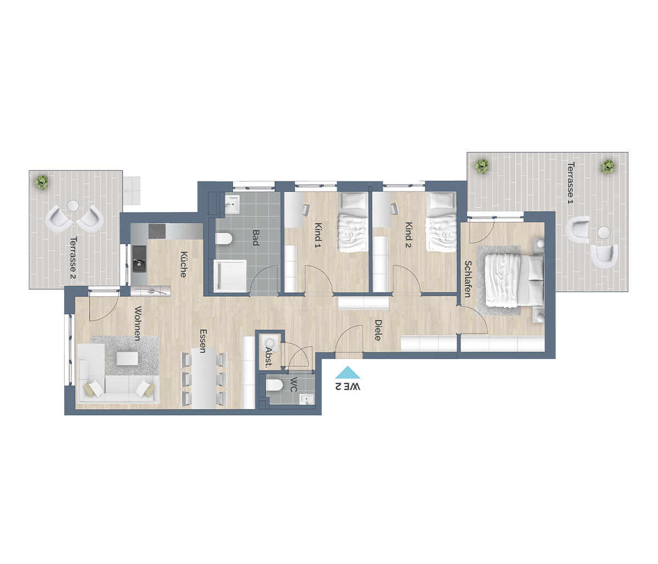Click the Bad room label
pyautogui.click(x=255, y=238)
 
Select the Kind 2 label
pyautogui.click(x=408, y=235)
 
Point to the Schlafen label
pyautogui.click(x=468, y=279)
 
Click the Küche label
pyautogui.click(x=183, y=264)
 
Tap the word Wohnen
pyautogui.click(x=138, y=323)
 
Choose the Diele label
pyautogui.click(x=378, y=330)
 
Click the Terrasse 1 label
pyautogui.click(x=571, y=182)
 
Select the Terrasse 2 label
pyautogui.click(x=73, y=258)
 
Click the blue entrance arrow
pyautogui.click(x=348, y=372)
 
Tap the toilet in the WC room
pyautogui.click(x=274, y=385)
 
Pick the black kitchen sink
pyautogui.click(x=139, y=258)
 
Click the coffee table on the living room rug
pyautogui.click(x=127, y=358)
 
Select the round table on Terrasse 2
pyautogui.click(x=73, y=205)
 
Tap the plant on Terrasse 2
pyautogui.click(x=41, y=182)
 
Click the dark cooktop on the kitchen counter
pyautogui.click(x=157, y=231)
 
